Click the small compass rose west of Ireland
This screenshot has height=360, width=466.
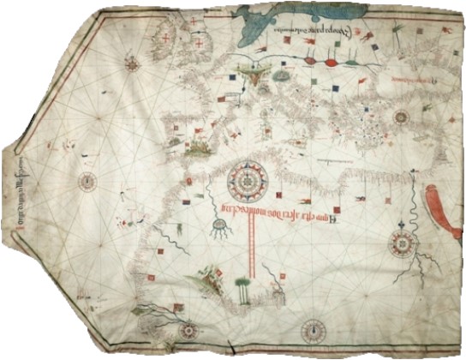pyautogui.click(x=133, y=62)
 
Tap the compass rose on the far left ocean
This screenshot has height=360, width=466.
pyautogui.click(x=87, y=181)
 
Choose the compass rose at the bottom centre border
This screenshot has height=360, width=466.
pyautogui.click(x=314, y=330)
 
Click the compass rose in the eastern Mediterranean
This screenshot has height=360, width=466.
pyautogui.click(x=401, y=117)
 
